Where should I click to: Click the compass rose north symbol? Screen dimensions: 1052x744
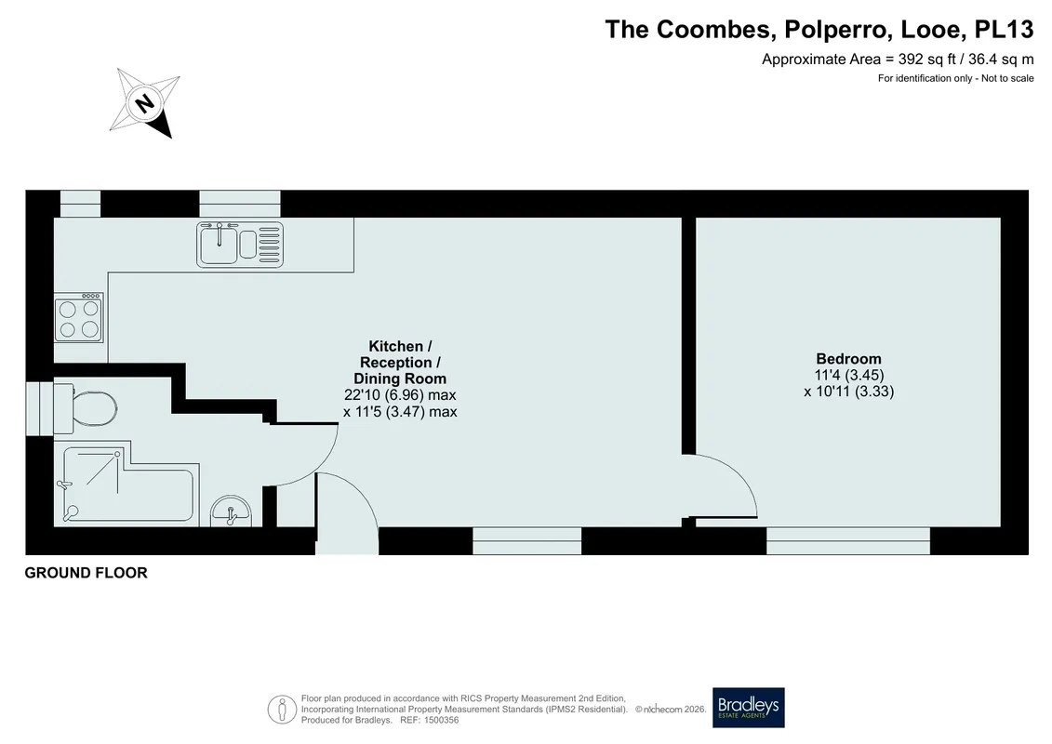145,103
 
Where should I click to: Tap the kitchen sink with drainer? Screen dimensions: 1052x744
240,245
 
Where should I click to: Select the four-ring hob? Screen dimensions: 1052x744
79,318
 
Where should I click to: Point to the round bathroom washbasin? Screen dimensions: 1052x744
231,512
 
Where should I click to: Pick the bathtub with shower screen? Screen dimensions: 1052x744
127,485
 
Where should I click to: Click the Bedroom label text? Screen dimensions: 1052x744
848,359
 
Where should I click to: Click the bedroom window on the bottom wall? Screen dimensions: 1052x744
848,540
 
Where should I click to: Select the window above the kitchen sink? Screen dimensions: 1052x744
240,204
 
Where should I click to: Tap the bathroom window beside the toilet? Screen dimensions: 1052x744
40,408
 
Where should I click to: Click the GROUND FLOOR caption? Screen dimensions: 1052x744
86,573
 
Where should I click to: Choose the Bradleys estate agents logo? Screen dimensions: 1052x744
748,708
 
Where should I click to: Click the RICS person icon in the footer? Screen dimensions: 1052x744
282,709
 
